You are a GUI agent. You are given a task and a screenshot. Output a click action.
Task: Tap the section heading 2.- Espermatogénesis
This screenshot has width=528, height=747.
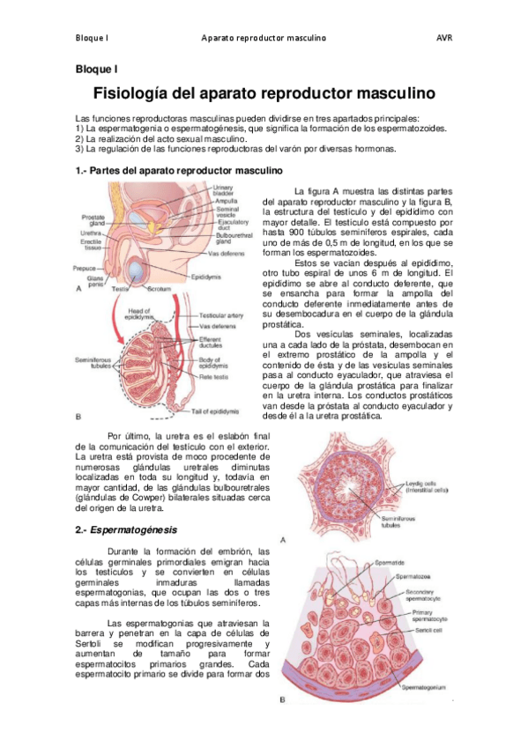click(127, 529)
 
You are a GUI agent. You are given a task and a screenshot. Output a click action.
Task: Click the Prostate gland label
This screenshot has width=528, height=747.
click(93, 220)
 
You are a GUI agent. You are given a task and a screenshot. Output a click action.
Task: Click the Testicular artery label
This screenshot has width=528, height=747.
click(222, 314)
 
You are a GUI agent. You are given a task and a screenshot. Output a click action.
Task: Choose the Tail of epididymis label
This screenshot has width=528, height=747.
click(217, 411)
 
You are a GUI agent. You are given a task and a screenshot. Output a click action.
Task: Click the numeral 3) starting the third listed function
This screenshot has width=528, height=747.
click(78, 147)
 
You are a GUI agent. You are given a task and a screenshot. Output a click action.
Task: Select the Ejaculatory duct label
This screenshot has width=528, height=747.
click(234, 226)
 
